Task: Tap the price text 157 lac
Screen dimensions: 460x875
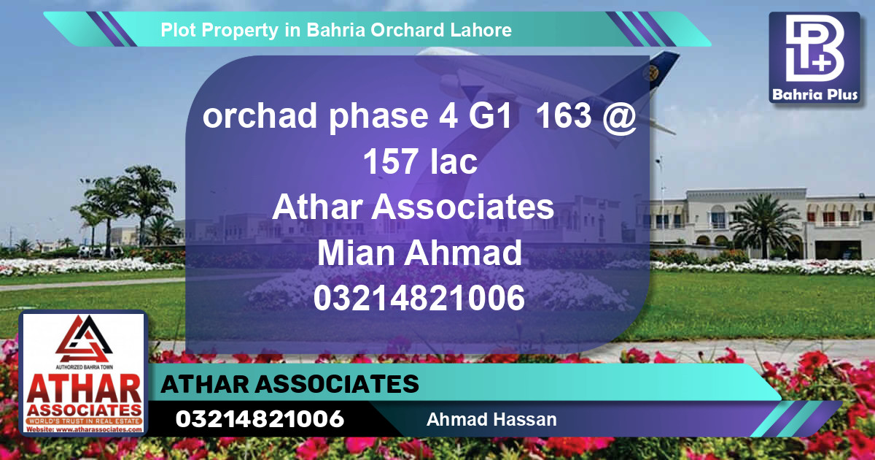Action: tap(421, 162)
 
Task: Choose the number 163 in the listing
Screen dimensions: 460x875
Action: tap(562, 117)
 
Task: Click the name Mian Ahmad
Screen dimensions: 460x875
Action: tap(420, 253)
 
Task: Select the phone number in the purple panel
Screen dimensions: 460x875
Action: tap(420, 299)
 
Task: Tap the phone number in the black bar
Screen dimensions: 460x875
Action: tap(260, 419)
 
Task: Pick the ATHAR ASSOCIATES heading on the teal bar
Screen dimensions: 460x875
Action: tap(290, 384)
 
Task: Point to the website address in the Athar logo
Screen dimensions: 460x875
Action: tap(84, 430)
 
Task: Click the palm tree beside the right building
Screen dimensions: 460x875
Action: tap(766, 223)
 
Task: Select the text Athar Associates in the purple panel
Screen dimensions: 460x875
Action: tap(413, 207)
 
